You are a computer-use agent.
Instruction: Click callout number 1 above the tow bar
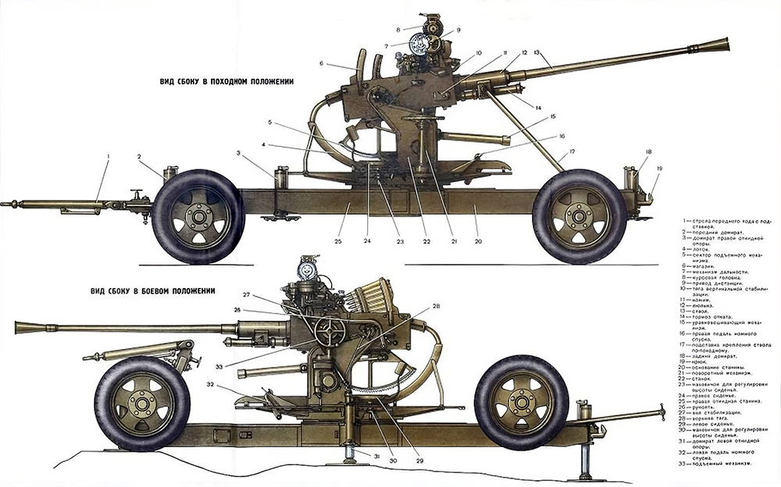coord(108,157)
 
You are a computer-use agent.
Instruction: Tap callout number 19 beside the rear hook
coord(659,168)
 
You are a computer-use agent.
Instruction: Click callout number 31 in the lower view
coord(376,456)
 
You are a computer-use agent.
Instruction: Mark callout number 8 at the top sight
coord(398,30)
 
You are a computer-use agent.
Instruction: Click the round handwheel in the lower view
coord(330,333)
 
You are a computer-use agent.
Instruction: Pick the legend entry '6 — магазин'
coord(698,265)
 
